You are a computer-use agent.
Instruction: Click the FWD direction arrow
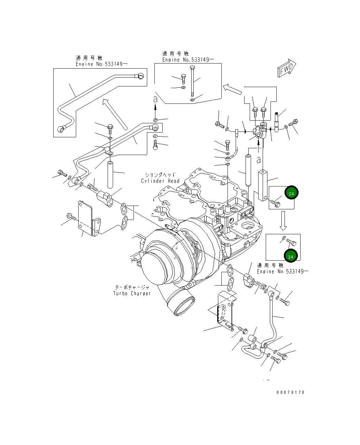[286, 70]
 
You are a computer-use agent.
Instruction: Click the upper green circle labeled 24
[291, 193]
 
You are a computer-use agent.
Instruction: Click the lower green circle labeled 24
[291, 256]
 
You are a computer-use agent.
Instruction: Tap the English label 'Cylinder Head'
[160, 181]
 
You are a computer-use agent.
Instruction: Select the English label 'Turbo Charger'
[132, 293]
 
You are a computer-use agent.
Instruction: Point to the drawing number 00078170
[290, 392]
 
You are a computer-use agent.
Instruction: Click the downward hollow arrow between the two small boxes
[283, 221]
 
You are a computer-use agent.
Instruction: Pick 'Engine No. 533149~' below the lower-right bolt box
[283, 272]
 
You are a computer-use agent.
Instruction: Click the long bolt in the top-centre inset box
[193, 82]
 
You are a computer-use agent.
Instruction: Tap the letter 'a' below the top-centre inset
[155, 99]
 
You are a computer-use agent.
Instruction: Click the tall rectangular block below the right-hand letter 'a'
[263, 185]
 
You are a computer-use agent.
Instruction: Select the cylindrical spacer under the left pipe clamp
[110, 175]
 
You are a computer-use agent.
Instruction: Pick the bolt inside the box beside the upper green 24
[276, 204]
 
